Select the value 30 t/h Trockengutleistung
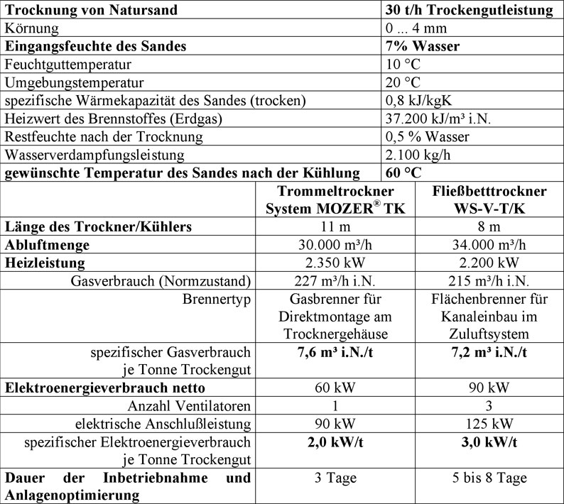468,10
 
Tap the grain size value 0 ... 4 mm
416,28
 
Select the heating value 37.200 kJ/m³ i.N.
440,119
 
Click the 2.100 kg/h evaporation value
416,155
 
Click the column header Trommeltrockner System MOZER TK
335,200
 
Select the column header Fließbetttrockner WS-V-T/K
489,200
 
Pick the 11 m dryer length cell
335,227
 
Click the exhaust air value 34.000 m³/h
489,245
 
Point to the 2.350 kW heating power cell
335,263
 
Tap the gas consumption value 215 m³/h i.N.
489,280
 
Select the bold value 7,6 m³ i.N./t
335,352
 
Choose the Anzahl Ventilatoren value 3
489,406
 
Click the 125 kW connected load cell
489,424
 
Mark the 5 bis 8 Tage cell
489,478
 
